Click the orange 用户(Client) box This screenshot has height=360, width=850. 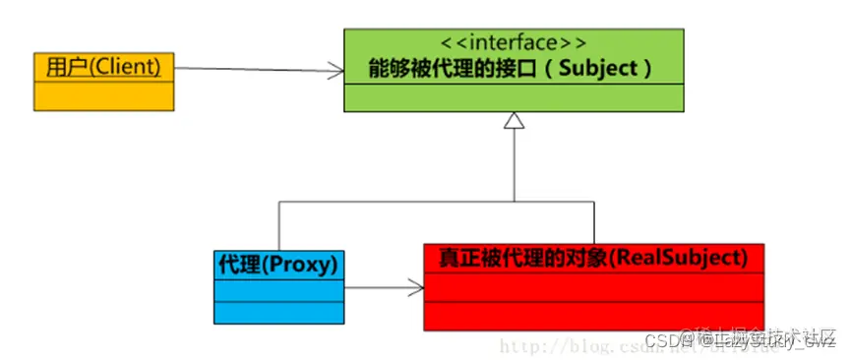click(x=104, y=82)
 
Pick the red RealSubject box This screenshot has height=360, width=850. click(x=593, y=286)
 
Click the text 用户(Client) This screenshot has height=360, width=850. click(x=103, y=68)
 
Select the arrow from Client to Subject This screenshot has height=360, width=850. click(x=256, y=69)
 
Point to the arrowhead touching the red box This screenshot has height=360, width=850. click(x=418, y=288)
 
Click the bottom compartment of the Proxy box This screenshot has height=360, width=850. click(x=278, y=312)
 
